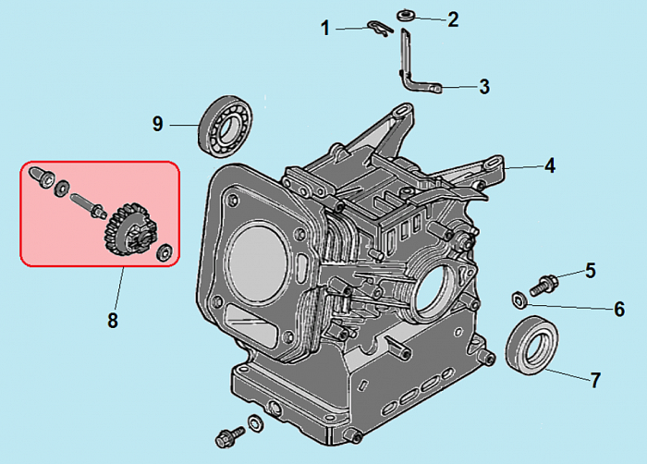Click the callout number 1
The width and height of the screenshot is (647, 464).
tap(325, 29)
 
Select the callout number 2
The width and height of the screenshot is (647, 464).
tap(452, 19)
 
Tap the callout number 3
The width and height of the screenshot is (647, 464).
tap(484, 88)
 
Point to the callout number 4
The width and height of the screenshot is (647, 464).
tap(549, 166)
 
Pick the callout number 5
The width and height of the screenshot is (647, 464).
tap(590, 271)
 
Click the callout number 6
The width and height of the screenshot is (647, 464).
tap(619, 309)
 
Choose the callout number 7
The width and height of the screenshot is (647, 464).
tap(595, 379)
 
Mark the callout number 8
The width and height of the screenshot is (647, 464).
tap(112, 321)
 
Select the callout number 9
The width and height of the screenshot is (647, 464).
tap(158, 123)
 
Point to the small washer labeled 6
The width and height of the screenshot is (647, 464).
tap(519, 299)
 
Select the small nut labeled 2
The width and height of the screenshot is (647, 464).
tap(406, 15)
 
